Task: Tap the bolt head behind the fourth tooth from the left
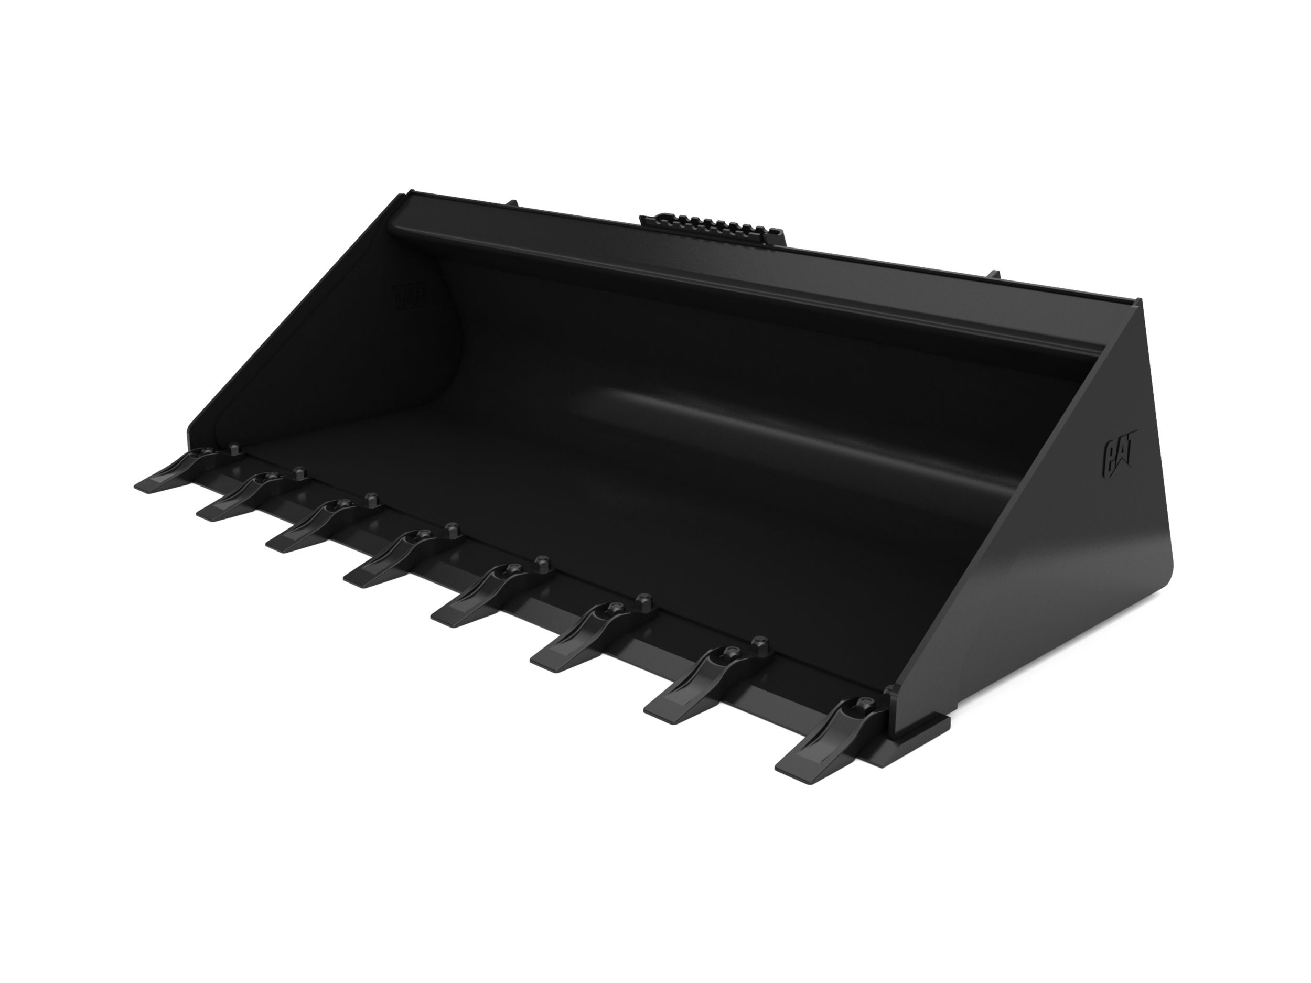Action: (x=452, y=528)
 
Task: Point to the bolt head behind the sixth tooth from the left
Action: (x=645, y=602)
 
